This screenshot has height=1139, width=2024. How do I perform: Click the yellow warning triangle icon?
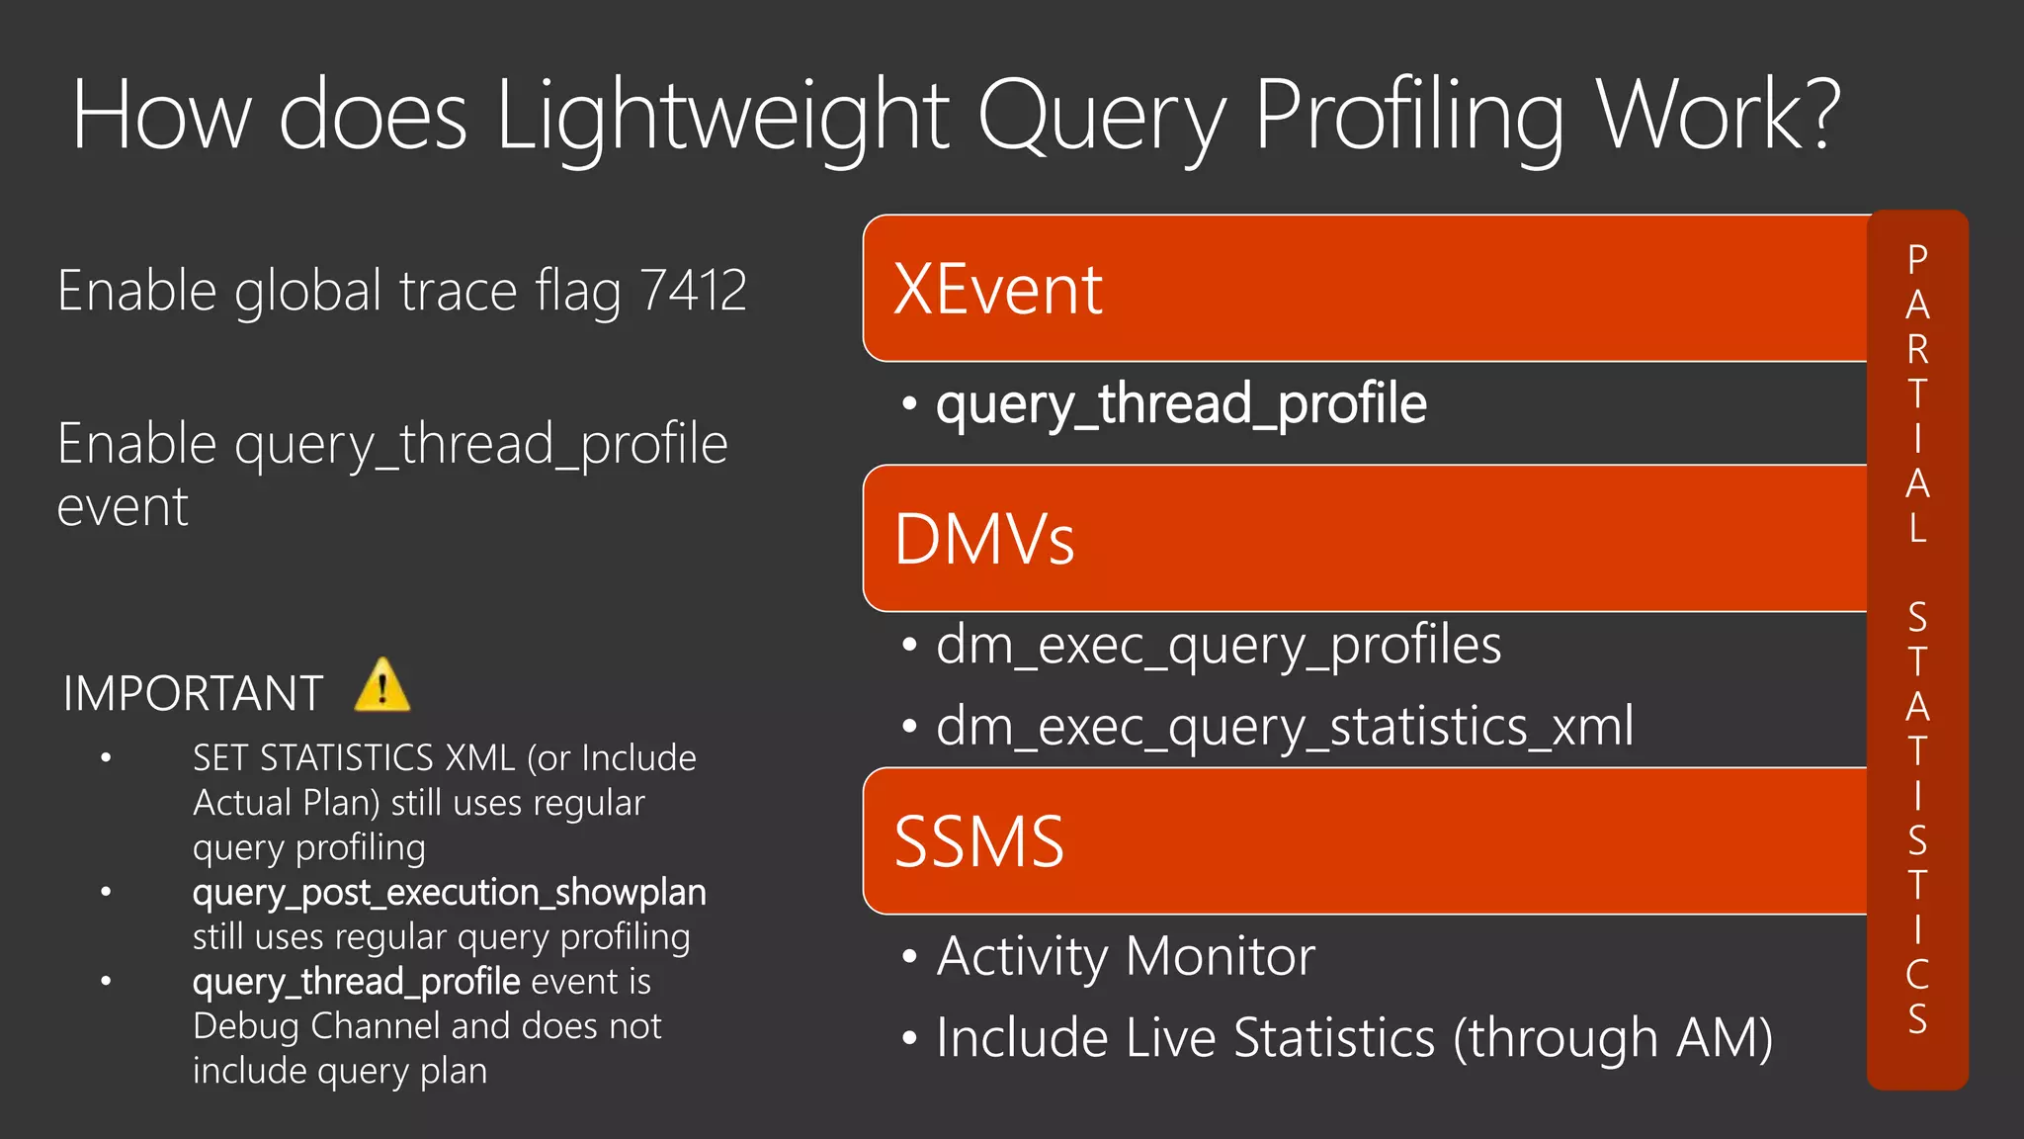[x=382, y=685]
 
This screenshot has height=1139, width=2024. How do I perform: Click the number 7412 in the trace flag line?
[x=693, y=291]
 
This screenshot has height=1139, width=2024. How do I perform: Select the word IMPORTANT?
[x=194, y=693]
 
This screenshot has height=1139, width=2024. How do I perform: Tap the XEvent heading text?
[x=997, y=290]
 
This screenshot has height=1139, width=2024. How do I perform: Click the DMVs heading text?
[x=984, y=540]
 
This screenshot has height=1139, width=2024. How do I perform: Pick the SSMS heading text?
[x=978, y=842]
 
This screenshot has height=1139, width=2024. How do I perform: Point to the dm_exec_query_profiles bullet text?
[x=1218, y=645]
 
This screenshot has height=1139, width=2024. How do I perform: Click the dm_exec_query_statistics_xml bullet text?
[x=1284, y=726]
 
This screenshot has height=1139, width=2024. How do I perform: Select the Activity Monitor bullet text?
[x=1126, y=956]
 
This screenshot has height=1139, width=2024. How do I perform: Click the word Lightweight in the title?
[x=722, y=117]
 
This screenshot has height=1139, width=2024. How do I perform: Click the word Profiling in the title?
[x=1409, y=117]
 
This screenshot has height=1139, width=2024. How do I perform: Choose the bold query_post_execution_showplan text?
[x=449, y=892]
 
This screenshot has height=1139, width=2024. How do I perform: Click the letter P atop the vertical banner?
[x=1917, y=259]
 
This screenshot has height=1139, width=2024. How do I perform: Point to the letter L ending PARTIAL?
[x=1917, y=528]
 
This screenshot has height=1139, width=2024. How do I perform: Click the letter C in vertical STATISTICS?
[x=1917, y=974]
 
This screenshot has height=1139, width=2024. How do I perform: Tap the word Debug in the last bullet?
[x=246, y=1026]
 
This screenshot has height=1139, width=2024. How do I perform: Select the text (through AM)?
[x=1613, y=1038]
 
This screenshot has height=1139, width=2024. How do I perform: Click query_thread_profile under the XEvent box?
[x=1181, y=403]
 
